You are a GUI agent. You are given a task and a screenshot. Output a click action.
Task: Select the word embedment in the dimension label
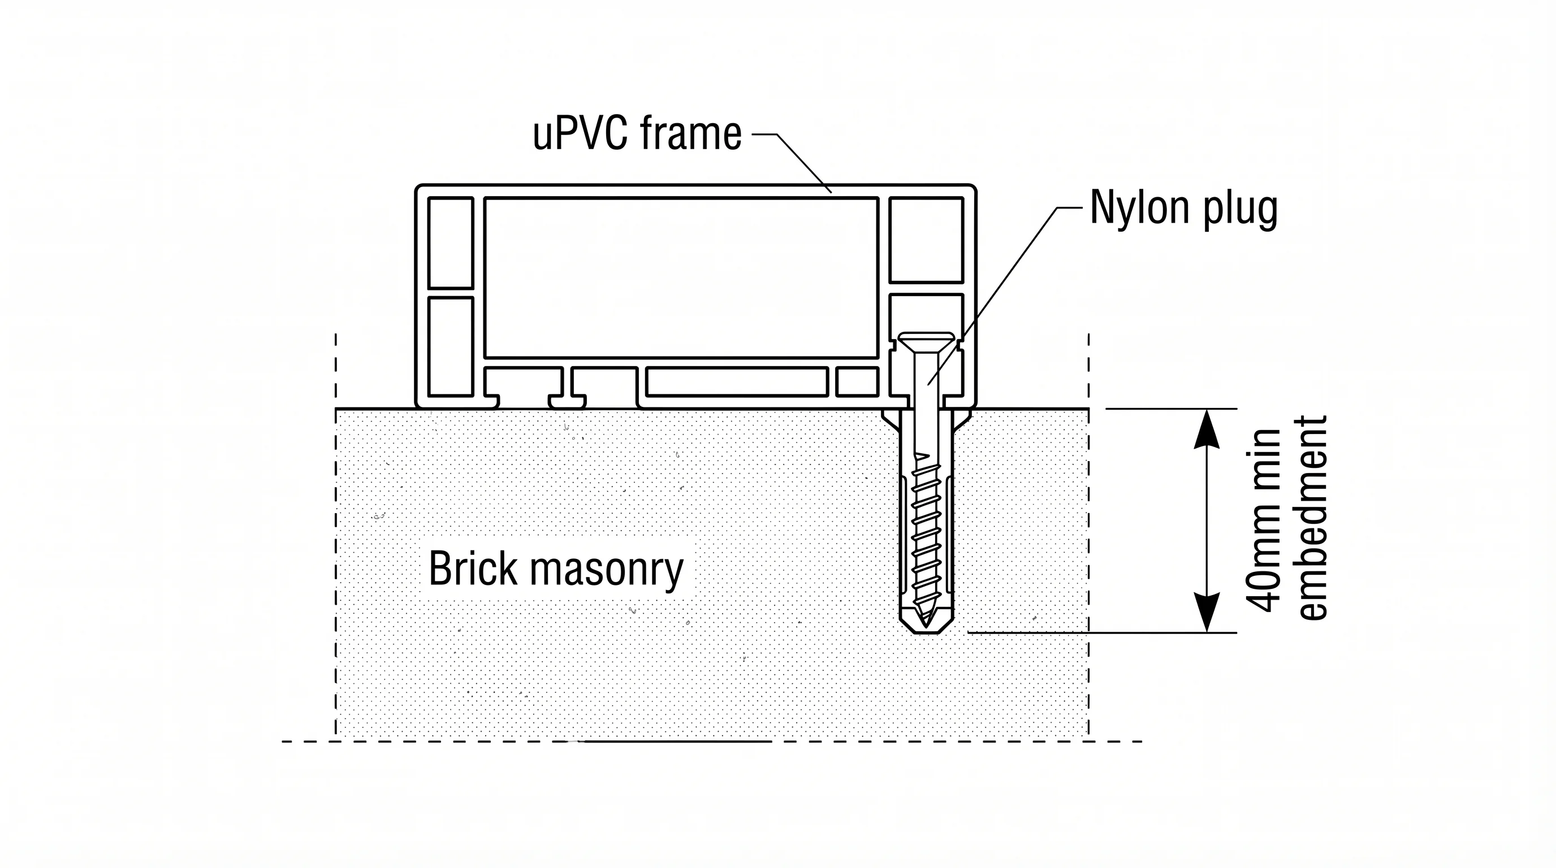[1312, 518]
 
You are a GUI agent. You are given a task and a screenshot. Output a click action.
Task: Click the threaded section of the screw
[926, 531]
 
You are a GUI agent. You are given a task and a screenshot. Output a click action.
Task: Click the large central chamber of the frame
[681, 277]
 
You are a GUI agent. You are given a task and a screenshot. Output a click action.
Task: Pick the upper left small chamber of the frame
[450, 242]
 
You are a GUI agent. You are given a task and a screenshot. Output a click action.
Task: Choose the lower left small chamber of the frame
[450, 346]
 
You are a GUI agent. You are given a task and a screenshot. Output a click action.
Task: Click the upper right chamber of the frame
[926, 240]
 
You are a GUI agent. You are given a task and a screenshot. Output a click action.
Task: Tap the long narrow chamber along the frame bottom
[736, 381]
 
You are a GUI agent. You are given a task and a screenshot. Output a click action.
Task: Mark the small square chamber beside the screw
[857, 381]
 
